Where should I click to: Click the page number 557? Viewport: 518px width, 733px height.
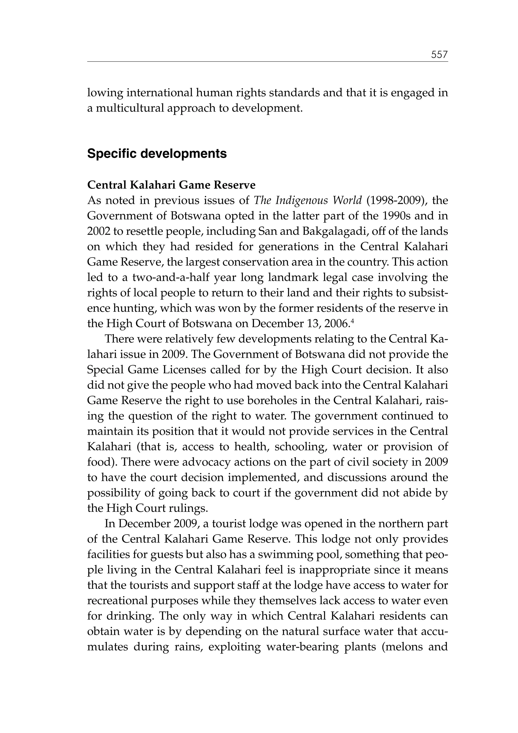[x=439, y=55]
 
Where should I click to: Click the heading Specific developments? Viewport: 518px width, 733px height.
[x=157, y=154]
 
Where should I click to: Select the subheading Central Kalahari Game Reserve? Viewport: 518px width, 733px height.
[x=171, y=185]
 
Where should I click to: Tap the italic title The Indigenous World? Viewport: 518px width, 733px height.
[x=308, y=200]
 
